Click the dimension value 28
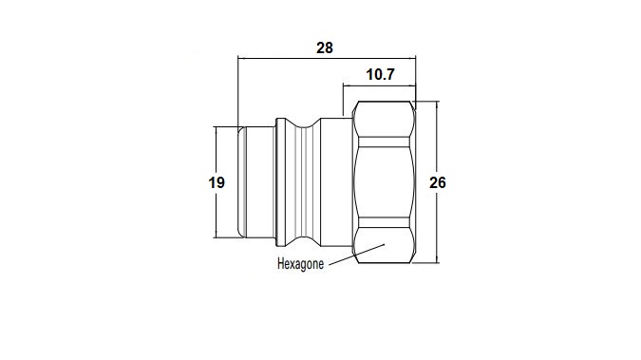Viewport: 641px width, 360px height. coord(325,47)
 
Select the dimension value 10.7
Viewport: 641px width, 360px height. coord(380,74)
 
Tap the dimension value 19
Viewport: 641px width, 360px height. coord(217,182)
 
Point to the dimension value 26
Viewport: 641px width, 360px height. coord(438,182)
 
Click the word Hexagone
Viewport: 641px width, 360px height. coord(300,264)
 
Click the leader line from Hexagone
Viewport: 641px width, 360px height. coord(357,255)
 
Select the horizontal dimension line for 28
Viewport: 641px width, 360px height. coord(327,59)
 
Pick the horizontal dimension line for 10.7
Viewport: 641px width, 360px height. coord(379,85)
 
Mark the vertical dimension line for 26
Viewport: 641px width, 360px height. coord(437,182)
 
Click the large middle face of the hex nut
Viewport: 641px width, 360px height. coord(384,182)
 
